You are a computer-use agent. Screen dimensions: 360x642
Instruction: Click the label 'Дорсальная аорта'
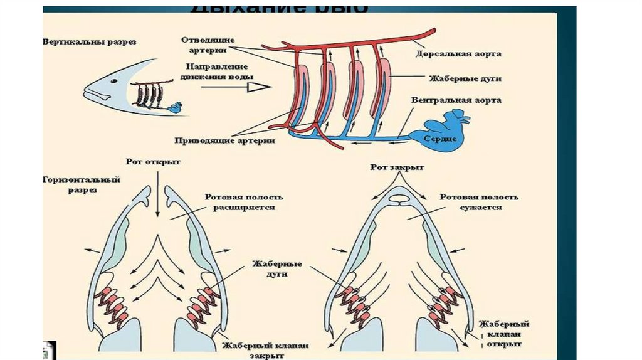(x=458, y=54)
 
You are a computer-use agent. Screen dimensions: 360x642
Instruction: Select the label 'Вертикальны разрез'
(x=90, y=42)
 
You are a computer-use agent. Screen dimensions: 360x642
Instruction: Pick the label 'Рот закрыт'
(x=397, y=168)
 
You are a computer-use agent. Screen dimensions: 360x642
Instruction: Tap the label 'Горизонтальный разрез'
(x=82, y=184)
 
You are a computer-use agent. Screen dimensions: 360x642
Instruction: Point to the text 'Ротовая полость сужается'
(x=479, y=202)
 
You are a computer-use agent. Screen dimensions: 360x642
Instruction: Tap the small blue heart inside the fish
(x=175, y=107)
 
